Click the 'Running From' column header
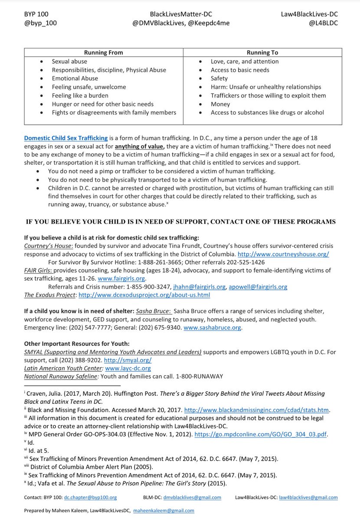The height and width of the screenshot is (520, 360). coord(103,52)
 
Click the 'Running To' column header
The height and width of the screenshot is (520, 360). coord(262,52)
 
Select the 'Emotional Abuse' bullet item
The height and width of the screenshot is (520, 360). coord(75,78)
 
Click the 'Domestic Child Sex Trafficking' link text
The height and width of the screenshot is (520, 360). coord(66,138)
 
